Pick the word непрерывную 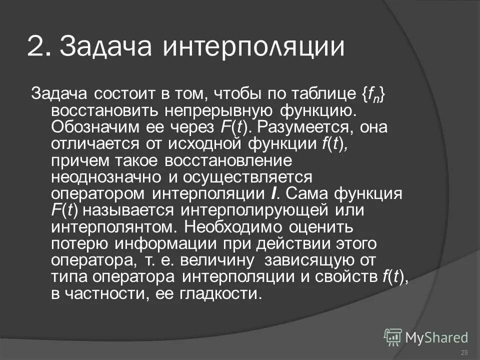click(205, 110)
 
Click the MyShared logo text click(436, 337)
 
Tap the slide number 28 click(464, 352)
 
